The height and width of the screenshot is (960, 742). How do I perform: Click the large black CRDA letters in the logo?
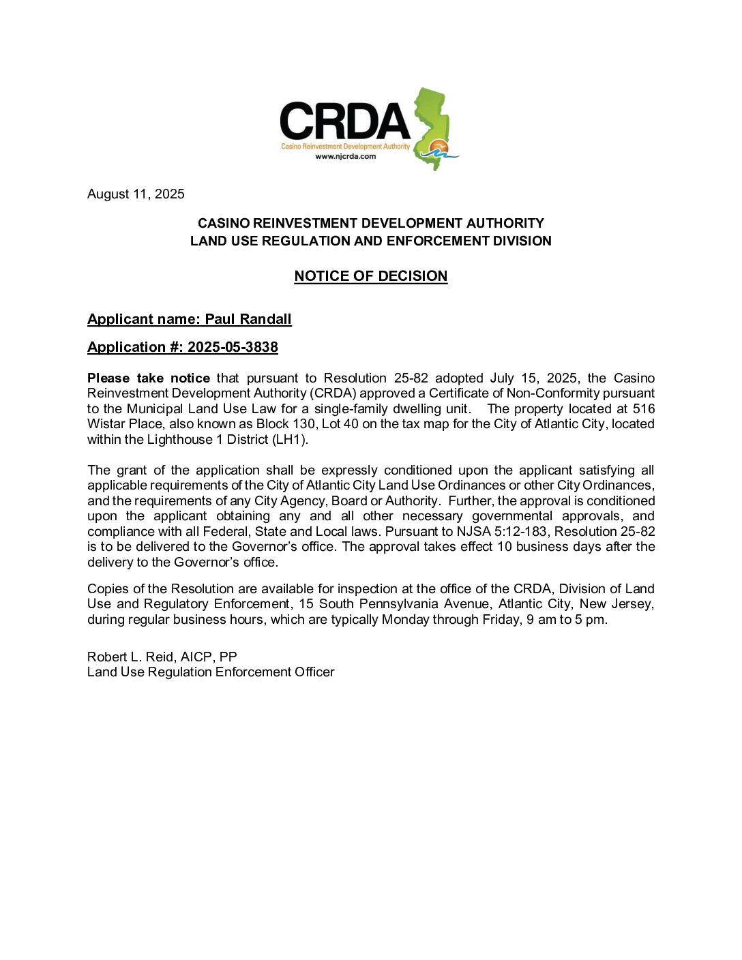click(344, 122)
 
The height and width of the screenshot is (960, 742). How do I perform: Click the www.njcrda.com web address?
click(345, 156)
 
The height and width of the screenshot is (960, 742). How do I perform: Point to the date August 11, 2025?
click(136, 194)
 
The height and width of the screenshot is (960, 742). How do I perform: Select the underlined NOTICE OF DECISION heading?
click(370, 276)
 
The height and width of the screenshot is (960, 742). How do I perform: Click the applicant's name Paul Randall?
click(248, 319)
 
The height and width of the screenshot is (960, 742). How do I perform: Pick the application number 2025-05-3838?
click(233, 347)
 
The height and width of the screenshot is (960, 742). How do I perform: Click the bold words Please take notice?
click(148, 378)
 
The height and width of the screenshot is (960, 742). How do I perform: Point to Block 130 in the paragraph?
click(282, 424)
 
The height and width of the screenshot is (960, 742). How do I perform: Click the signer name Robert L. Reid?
click(130, 657)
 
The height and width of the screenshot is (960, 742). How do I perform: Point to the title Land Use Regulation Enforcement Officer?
click(211, 672)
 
